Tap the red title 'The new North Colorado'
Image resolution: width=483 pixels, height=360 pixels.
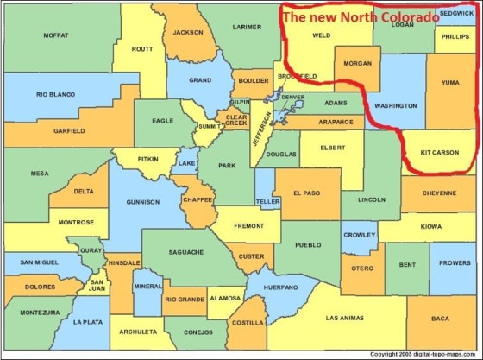tap(361, 16)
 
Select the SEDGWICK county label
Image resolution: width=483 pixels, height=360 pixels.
tap(456, 14)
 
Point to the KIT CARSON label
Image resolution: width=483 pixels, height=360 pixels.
tap(440, 152)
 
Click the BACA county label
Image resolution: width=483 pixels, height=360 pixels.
tap(440, 318)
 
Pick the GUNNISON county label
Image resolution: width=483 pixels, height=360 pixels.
tap(142, 202)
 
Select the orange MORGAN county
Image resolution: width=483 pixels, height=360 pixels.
tap(356, 64)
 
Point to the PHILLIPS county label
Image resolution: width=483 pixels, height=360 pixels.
tap(455, 36)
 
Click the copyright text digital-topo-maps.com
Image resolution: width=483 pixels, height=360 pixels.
tap(423, 354)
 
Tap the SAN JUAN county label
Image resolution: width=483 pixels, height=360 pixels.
tap(98, 284)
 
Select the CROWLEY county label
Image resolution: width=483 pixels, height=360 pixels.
tap(359, 234)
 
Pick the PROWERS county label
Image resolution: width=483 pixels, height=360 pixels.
tap(455, 262)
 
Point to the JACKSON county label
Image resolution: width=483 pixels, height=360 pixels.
tap(187, 33)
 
